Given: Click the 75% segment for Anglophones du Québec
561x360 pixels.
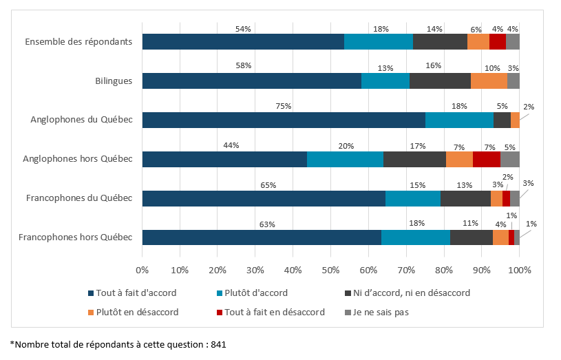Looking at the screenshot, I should (x=284, y=120).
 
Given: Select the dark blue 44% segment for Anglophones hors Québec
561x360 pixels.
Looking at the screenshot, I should (x=224, y=159).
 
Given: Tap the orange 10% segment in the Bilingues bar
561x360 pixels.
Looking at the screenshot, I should (x=489, y=81).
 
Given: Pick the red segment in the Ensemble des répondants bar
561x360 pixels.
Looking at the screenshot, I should (x=498, y=41).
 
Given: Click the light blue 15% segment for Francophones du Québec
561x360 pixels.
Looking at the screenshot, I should (x=413, y=198).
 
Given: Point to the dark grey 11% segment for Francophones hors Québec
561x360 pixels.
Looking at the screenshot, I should (x=471, y=237).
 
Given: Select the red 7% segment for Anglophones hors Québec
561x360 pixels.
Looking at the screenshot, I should (x=487, y=159).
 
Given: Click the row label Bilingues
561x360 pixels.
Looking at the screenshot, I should (x=114, y=81).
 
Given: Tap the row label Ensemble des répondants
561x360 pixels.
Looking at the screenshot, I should (x=78, y=41).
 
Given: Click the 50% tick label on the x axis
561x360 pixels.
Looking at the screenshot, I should (x=330, y=270).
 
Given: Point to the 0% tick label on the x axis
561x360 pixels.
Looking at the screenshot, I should (x=142, y=270).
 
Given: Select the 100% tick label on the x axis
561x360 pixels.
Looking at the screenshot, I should (x=519, y=270).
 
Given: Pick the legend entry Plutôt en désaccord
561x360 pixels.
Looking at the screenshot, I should (x=138, y=312).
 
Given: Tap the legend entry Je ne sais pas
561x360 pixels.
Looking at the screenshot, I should (x=381, y=312).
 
